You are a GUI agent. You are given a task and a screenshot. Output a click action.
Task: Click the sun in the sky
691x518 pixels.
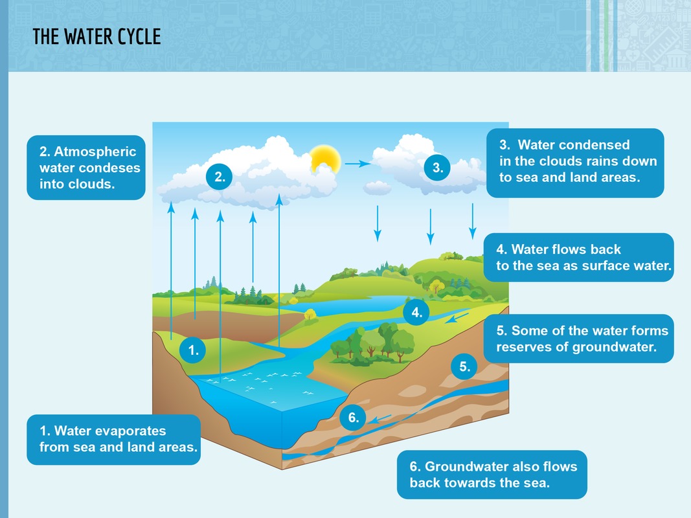(324, 159)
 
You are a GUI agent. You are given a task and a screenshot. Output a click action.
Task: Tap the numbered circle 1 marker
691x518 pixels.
(193, 351)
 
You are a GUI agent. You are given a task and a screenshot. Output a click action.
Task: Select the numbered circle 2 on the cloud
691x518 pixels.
(220, 176)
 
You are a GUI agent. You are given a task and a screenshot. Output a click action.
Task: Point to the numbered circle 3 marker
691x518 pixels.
(437, 168)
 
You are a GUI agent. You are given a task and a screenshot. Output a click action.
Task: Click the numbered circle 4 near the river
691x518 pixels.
(416, 313)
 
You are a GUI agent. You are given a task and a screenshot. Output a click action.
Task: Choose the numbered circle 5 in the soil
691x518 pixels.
(464, 366)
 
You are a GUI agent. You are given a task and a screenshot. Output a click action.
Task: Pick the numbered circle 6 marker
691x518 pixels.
(354, 418)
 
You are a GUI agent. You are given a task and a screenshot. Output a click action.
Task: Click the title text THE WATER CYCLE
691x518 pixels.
(96, 37)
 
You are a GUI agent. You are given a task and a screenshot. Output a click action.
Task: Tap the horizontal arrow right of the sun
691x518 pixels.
(357, 164)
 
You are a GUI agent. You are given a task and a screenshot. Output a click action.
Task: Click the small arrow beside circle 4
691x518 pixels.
(459, 317)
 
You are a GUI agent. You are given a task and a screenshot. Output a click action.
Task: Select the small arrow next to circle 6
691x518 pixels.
(381, 418)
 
